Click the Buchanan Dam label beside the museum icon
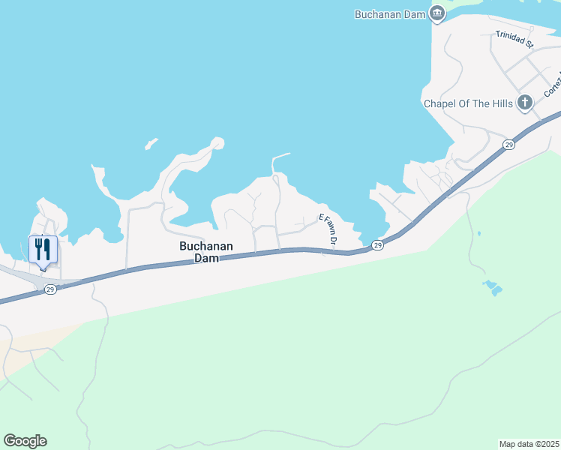click(x=389, y=13)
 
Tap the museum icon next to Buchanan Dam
click(x=437, y=13)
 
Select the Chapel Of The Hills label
click(x=468, y=103)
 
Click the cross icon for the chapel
click(x=525, y=103)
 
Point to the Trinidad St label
click(x=514, y=40)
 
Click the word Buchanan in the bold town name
click(x=205, y=246)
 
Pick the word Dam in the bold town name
click(x=205, y=258)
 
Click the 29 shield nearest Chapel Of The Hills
click(x=508, y=144)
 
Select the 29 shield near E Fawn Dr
click(x=377, y=245)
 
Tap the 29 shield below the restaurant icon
click(x=49, y=289)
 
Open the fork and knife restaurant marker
click(x=43, y=249)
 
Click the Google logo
click(x=25, y=441)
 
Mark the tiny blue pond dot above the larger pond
click(x=478, y=233)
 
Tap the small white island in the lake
click(x=151, y=143)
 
